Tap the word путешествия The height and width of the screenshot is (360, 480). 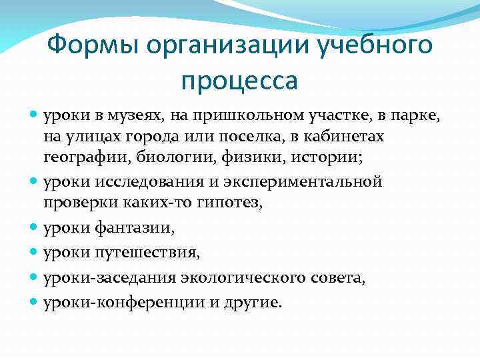click(x=157, y=253)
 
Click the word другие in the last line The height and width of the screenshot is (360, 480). click(x=255, y=303)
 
